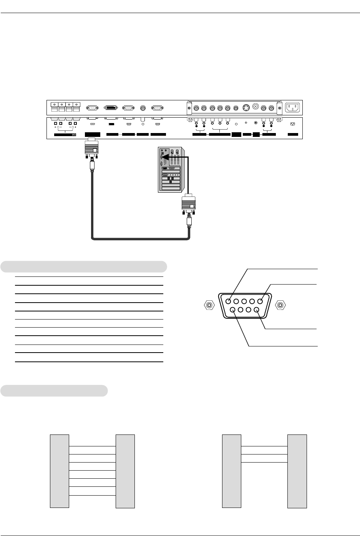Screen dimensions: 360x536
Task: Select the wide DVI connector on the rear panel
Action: [110, 108]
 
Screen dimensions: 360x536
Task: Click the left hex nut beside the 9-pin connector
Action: [209, 306]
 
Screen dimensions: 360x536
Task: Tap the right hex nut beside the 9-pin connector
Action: [281, 306]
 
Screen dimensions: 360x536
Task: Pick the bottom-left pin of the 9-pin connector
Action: [233, 310]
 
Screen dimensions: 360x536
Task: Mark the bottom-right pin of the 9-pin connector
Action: [256, 310]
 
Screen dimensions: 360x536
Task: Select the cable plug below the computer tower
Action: [188, 206]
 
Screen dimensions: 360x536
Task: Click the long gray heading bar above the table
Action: [84, 266]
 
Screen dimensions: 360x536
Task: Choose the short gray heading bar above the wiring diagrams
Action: [54, 390]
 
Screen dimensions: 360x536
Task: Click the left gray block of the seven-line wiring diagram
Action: [60, 471]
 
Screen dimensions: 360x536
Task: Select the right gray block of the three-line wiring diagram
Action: [297, 471]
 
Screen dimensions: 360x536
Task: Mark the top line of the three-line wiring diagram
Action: [264, 446]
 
